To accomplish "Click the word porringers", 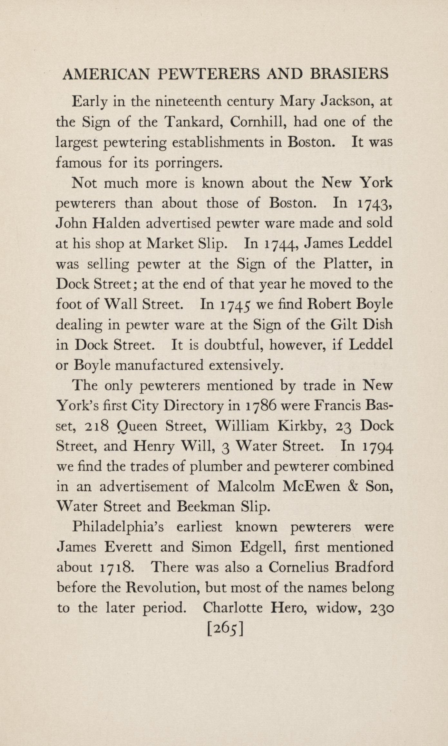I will click(189, 163).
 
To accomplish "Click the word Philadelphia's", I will click(118, 528).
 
